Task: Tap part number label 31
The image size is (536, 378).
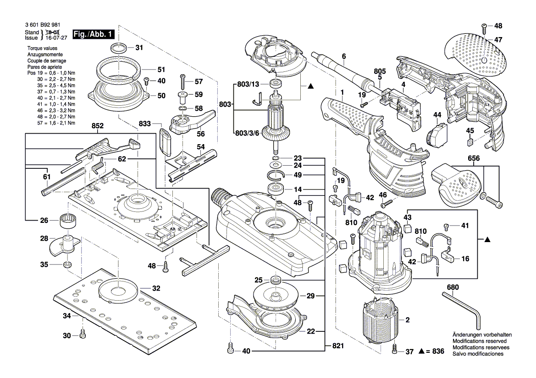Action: click(139, 48)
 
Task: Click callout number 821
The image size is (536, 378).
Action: click(338, 346)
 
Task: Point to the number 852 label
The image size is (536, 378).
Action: click(97, 125)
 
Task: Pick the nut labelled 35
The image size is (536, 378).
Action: click(66, 265)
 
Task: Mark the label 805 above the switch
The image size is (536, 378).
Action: click(380, 71)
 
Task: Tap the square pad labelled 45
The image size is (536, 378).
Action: click(470, 142)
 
